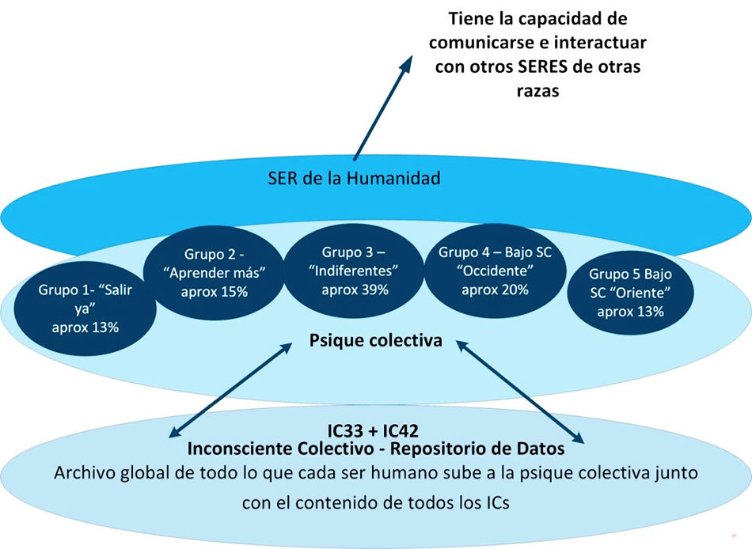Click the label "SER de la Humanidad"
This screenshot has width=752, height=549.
pyautogui.click(x=354, y=178)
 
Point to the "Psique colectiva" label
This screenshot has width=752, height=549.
pyautogui.click(x=375, y=342)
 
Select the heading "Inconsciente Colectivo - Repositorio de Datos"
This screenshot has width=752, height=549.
pyautogui.click(x=375, y=449)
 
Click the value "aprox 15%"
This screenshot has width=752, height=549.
pyautogui.click(x=214, y=292)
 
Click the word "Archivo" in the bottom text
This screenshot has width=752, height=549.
pyautogui.click(x=85, y=474)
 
